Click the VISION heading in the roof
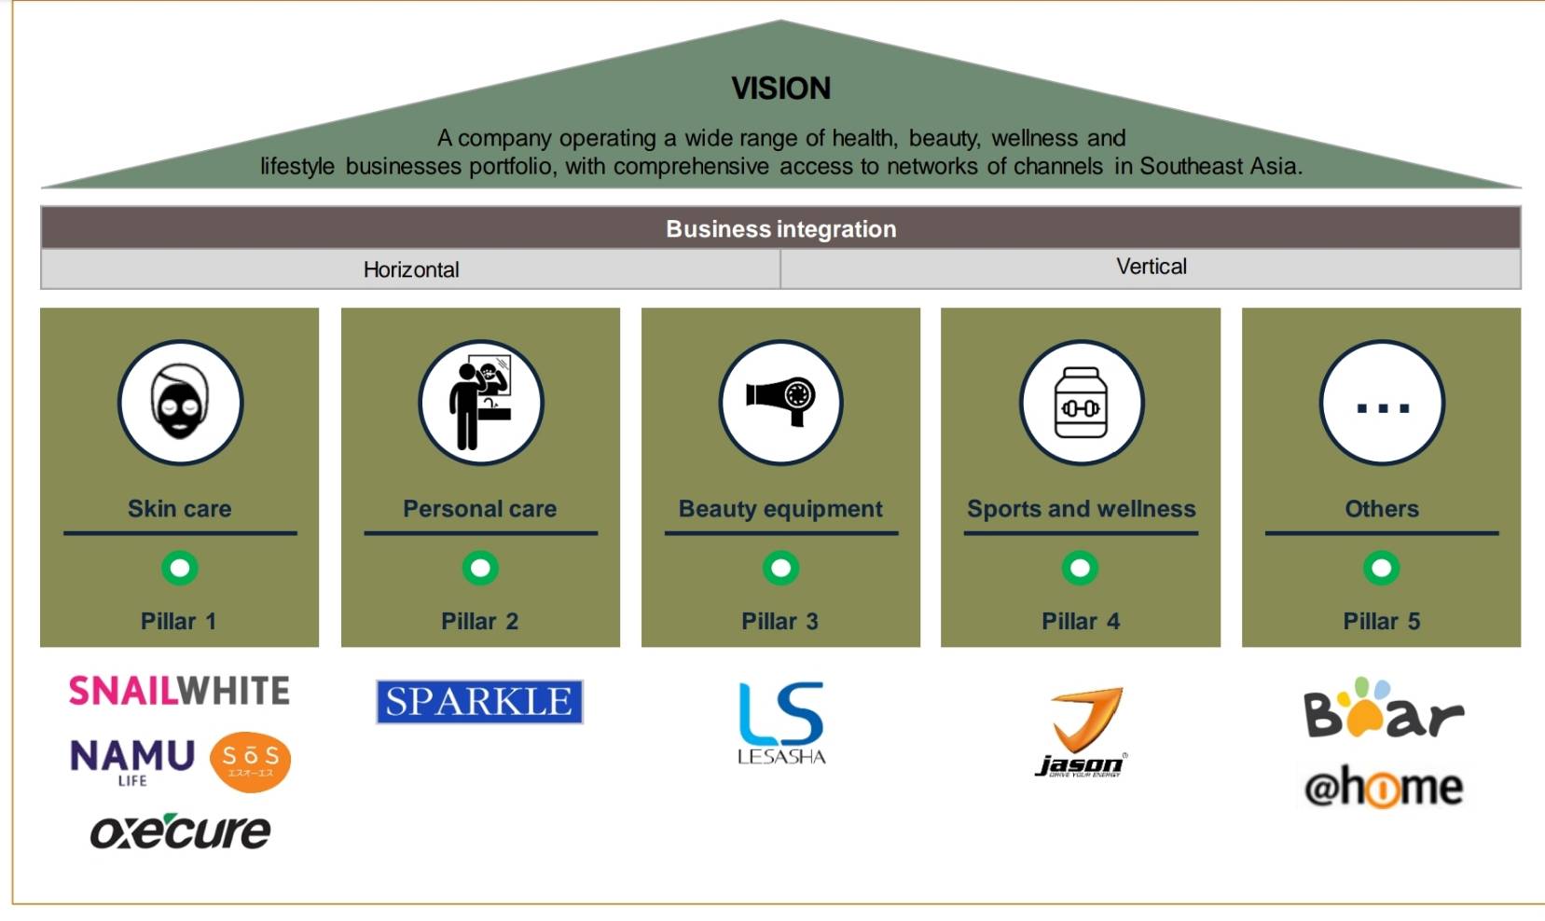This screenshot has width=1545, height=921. click(x=780, y=89)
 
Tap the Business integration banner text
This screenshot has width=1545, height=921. click(x=780, y=229)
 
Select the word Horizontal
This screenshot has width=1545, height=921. click(x=411, y=269)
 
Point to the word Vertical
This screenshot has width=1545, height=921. click(x=1152, y=267)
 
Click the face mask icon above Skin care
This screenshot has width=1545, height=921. click(x=180, y=401)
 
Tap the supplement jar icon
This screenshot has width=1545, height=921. click(x=1081, y=403)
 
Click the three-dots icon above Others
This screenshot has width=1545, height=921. click(x=1382, y=409)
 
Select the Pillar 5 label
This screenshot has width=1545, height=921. click(x=1382, y=621)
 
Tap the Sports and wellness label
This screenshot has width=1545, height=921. click(x=1081, y=509)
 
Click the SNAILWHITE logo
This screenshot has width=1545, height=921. click(x=179, y=691)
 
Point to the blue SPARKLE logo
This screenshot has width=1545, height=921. click(x=479, y=702)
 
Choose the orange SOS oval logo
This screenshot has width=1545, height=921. click(x=251, y=762)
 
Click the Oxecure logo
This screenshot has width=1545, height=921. click(x=180, y=832)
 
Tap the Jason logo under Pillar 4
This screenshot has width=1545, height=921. click(x=1082, y=732)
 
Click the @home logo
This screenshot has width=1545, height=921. click(x=1384, y=788)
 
